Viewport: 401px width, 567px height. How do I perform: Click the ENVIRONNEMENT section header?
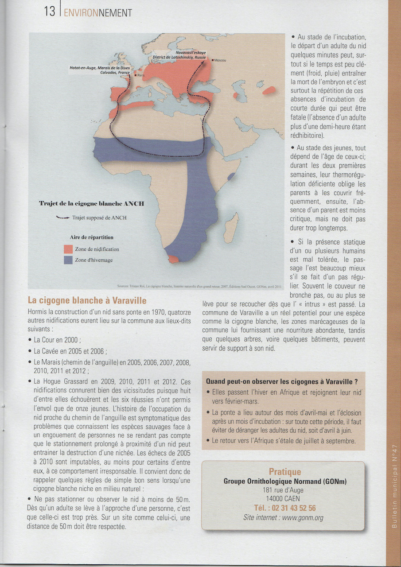(98, 12)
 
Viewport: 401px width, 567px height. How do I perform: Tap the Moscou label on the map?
(220, 60)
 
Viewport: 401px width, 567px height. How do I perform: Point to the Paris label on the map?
(141, 75)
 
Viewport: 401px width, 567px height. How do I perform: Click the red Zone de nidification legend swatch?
(68, 249)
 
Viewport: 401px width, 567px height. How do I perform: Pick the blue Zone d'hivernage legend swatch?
(68, 260)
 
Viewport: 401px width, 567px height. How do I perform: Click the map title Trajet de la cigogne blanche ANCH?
(91, 204)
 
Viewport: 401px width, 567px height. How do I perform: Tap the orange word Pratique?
(285, 472)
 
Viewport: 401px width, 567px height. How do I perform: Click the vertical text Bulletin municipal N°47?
(394, 487)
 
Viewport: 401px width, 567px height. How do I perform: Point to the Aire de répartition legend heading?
(91, 237)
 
